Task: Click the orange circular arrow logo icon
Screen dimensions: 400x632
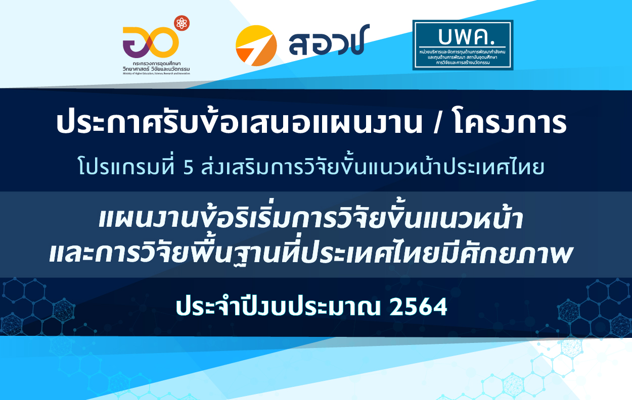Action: [256, 46]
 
